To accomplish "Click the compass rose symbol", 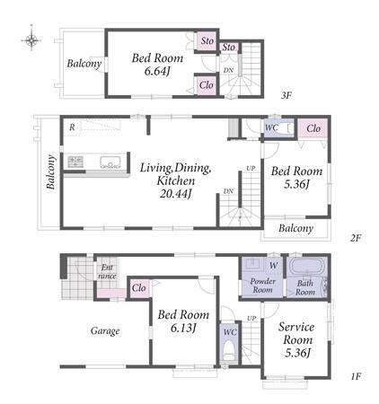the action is [31, 40].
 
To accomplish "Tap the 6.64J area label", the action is [157, 71].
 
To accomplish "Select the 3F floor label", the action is [286, 95].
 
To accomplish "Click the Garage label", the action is [105, 330].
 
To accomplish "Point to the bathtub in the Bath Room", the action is [307, 266].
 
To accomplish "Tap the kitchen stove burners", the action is [75, 162].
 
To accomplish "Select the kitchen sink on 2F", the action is [110, 162].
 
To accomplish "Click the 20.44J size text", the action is [175, 194].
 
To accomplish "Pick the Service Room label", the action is [296, 333].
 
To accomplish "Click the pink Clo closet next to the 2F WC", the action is [313, 128].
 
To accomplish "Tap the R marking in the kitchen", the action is [72, 127].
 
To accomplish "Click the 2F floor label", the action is [356, 238].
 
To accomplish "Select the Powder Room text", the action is [262, 285].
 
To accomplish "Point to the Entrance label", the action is [107, 272].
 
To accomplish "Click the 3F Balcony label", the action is [84, 64].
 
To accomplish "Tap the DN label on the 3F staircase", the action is [228, 70].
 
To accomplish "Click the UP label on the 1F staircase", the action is [251, 319].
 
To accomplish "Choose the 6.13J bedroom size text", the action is [183, 329].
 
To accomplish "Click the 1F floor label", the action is [357, 376].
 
